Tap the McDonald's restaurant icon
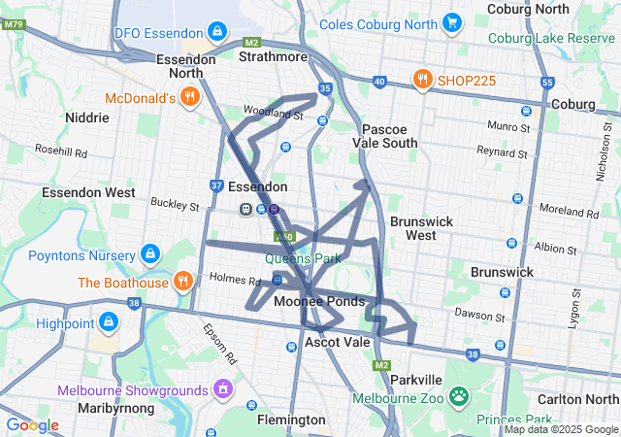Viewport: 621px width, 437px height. (x=189, y=97)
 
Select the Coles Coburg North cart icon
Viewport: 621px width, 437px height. (x=451, y=21)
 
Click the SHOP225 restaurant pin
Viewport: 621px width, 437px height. (x=422, y=80)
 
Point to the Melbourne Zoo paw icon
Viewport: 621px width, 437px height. (x=458, y=397)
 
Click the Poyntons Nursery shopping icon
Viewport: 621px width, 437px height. (x=149, y=254)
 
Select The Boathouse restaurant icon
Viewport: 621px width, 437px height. (x=182, y=283)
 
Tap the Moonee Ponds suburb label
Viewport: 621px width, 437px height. (x=318, y=302)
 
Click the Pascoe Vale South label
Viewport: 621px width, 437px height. (x=389, y=136)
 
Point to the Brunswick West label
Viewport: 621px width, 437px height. (x=422, y=228)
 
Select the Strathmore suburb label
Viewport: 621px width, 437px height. (x=275, y=55)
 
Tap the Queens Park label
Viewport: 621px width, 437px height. (x=304, y=259)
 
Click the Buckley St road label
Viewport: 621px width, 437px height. (x=174, y=205)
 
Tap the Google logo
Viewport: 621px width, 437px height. (x=32, y=424)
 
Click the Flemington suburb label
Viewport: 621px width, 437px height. (x=291, y=420)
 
